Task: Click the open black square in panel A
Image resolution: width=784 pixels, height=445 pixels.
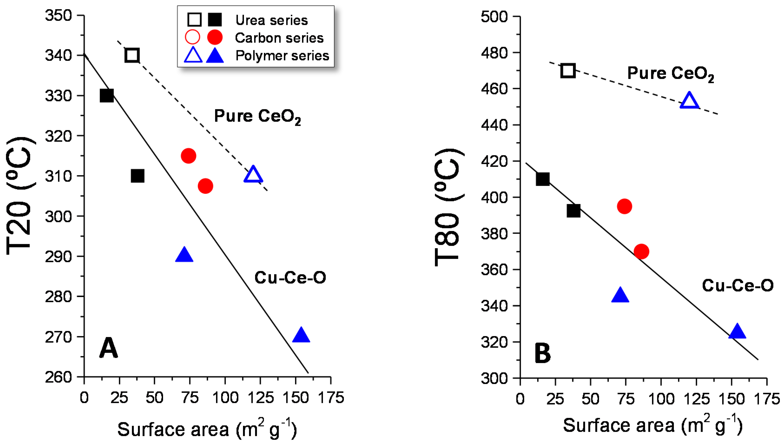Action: pyautogui.click(x=132, y=55)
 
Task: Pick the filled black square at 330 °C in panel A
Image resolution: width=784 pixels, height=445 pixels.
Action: pyautogui.click(x=107, y=96)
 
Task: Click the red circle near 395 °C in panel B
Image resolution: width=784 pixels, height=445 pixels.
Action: pyautogui.click(x=624, y=206)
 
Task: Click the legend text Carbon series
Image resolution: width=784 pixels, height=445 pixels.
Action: pyautogui.click(x=279, y=38)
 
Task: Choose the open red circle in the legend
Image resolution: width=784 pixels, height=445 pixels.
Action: pyautogui.click(x=192, y=37)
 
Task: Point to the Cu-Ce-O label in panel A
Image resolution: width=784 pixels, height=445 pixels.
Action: pyautogui.click(x=290, y=278)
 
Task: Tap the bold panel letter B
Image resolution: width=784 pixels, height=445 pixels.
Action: pyautogui.click(x=542, y=354)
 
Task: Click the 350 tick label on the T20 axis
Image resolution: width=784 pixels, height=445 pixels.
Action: pyautogui.click(x=58, y=15)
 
